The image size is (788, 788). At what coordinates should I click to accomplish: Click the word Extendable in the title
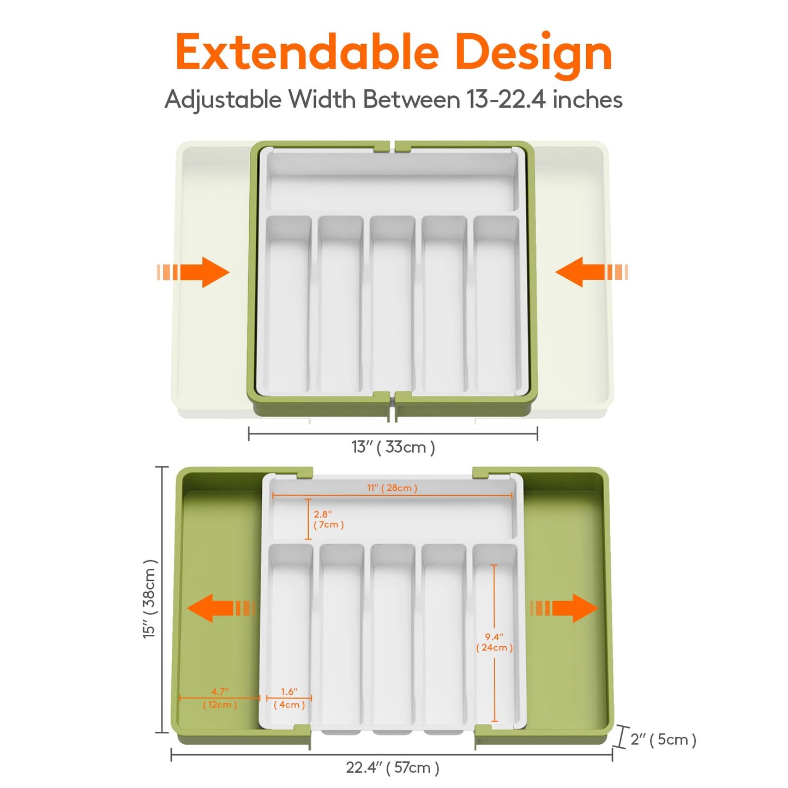[307, 52]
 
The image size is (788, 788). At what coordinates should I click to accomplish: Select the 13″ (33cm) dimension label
[393, 447]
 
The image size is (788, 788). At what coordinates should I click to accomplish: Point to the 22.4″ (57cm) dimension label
[393, 768]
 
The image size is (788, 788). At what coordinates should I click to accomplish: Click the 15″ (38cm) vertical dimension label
[149, 599]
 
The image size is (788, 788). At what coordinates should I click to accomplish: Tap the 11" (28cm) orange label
[392, 488]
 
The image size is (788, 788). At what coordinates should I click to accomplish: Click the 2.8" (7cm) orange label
[328, 519]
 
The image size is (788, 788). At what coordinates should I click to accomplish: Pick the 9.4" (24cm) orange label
[495, 642]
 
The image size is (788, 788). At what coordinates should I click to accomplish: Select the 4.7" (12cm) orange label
[220, 698]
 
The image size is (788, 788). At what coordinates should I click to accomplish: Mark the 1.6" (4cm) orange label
[289, 698]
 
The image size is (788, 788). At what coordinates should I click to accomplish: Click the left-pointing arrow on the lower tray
[221, 608]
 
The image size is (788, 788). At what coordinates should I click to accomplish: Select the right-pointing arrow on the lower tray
[564, 608]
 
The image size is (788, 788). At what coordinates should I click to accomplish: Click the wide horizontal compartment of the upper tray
[392, 183]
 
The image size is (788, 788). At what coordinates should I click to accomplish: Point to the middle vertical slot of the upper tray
[392, 303]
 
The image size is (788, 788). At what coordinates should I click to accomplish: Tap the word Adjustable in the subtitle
[224, 100]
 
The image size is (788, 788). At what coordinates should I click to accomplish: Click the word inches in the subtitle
[588, 100]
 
